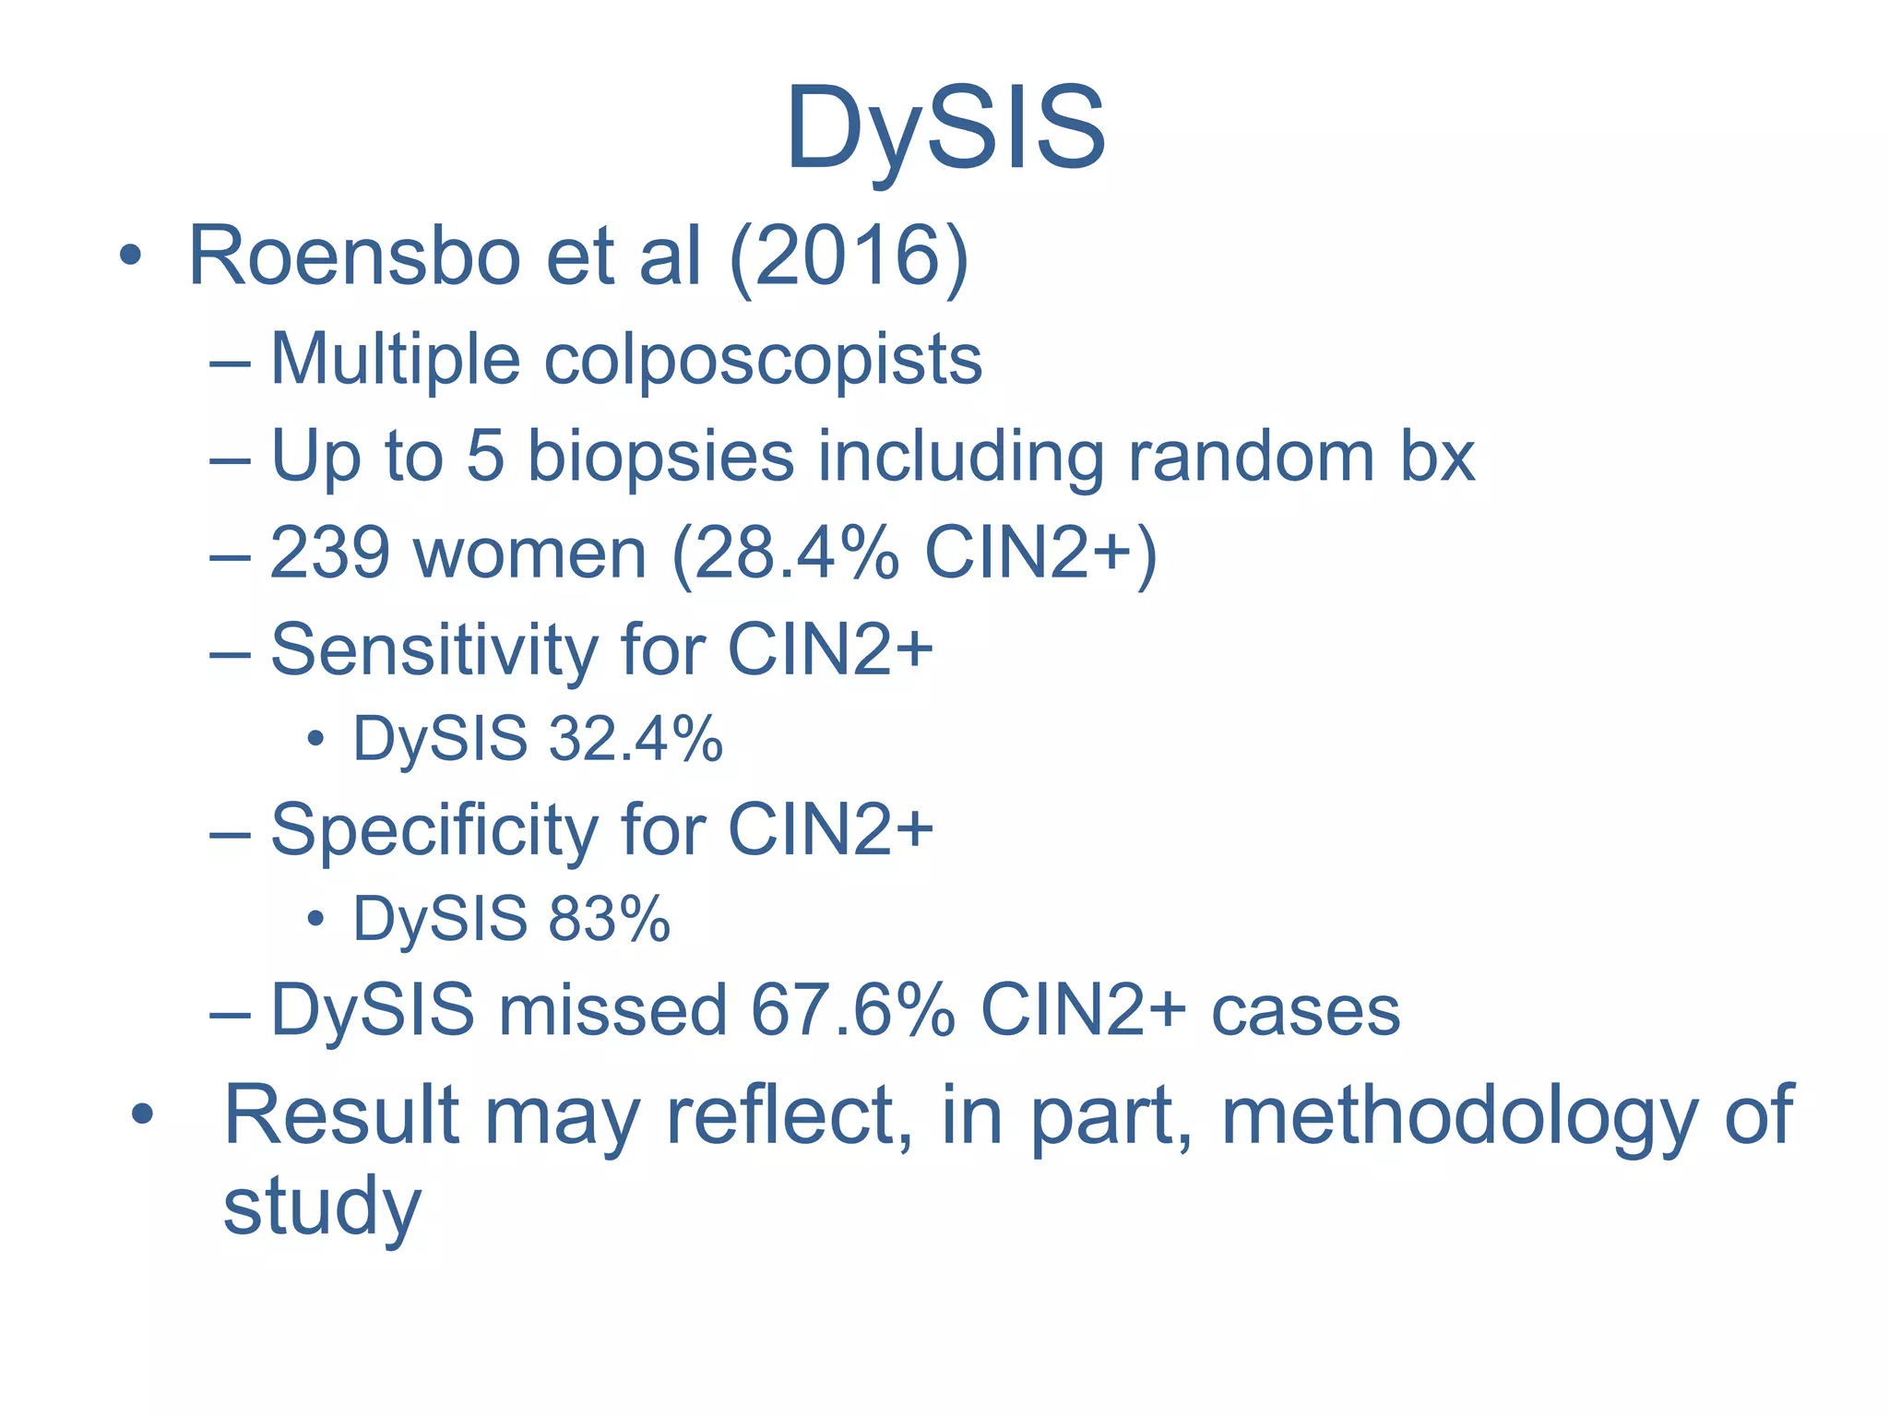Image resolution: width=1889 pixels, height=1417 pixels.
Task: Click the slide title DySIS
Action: point(944,129)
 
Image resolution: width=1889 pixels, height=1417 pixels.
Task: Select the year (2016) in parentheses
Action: point(849,257)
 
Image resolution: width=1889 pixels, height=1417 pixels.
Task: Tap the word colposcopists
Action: point(763,361)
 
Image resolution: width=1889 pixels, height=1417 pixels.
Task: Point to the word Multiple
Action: point(396,359)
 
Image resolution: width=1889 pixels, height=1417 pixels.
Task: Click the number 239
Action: point(329,554)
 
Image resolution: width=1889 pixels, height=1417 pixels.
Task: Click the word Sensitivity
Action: point(434,651)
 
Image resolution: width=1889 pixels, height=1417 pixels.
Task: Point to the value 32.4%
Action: point(636,740)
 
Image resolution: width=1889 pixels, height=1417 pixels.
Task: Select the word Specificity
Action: point(434,831)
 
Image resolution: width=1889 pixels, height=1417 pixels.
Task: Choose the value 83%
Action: point(609,920)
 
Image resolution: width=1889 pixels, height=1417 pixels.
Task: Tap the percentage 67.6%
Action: point(853,1011)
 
